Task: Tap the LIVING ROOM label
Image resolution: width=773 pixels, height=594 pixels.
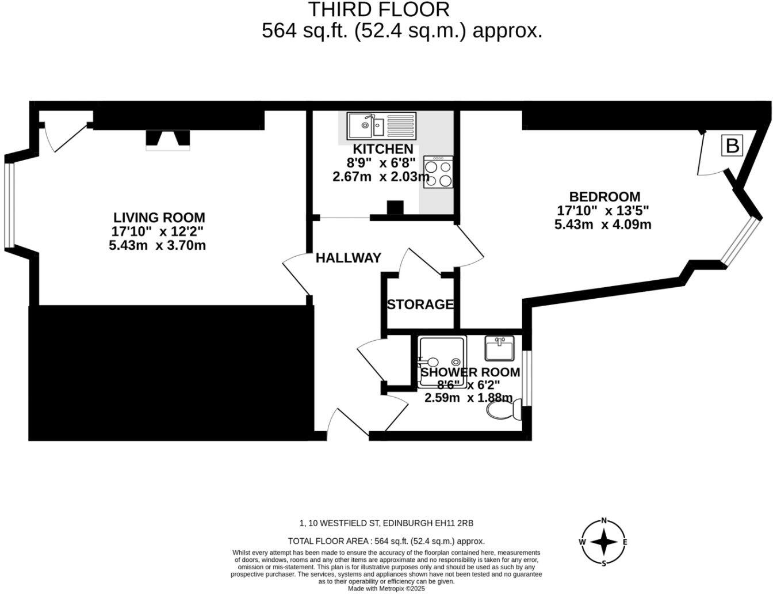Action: point(159,218)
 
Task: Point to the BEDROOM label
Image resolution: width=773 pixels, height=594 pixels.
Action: point(604,197)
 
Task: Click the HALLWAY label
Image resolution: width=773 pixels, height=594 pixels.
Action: point(349,258)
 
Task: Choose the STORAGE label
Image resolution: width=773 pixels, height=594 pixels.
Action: point(420,304)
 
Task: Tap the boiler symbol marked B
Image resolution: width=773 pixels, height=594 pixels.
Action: point(732,146)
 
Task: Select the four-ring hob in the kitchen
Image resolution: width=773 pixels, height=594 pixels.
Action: point(438,172)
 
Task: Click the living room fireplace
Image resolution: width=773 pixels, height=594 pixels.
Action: point(167,140)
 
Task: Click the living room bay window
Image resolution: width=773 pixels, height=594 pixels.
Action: point(8,204)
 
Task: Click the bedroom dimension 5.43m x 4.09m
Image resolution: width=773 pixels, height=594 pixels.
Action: point(603,224)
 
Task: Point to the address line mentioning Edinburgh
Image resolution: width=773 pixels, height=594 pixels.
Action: point(386,523)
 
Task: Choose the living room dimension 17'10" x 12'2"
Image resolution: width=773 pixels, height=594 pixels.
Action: point(158,231)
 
